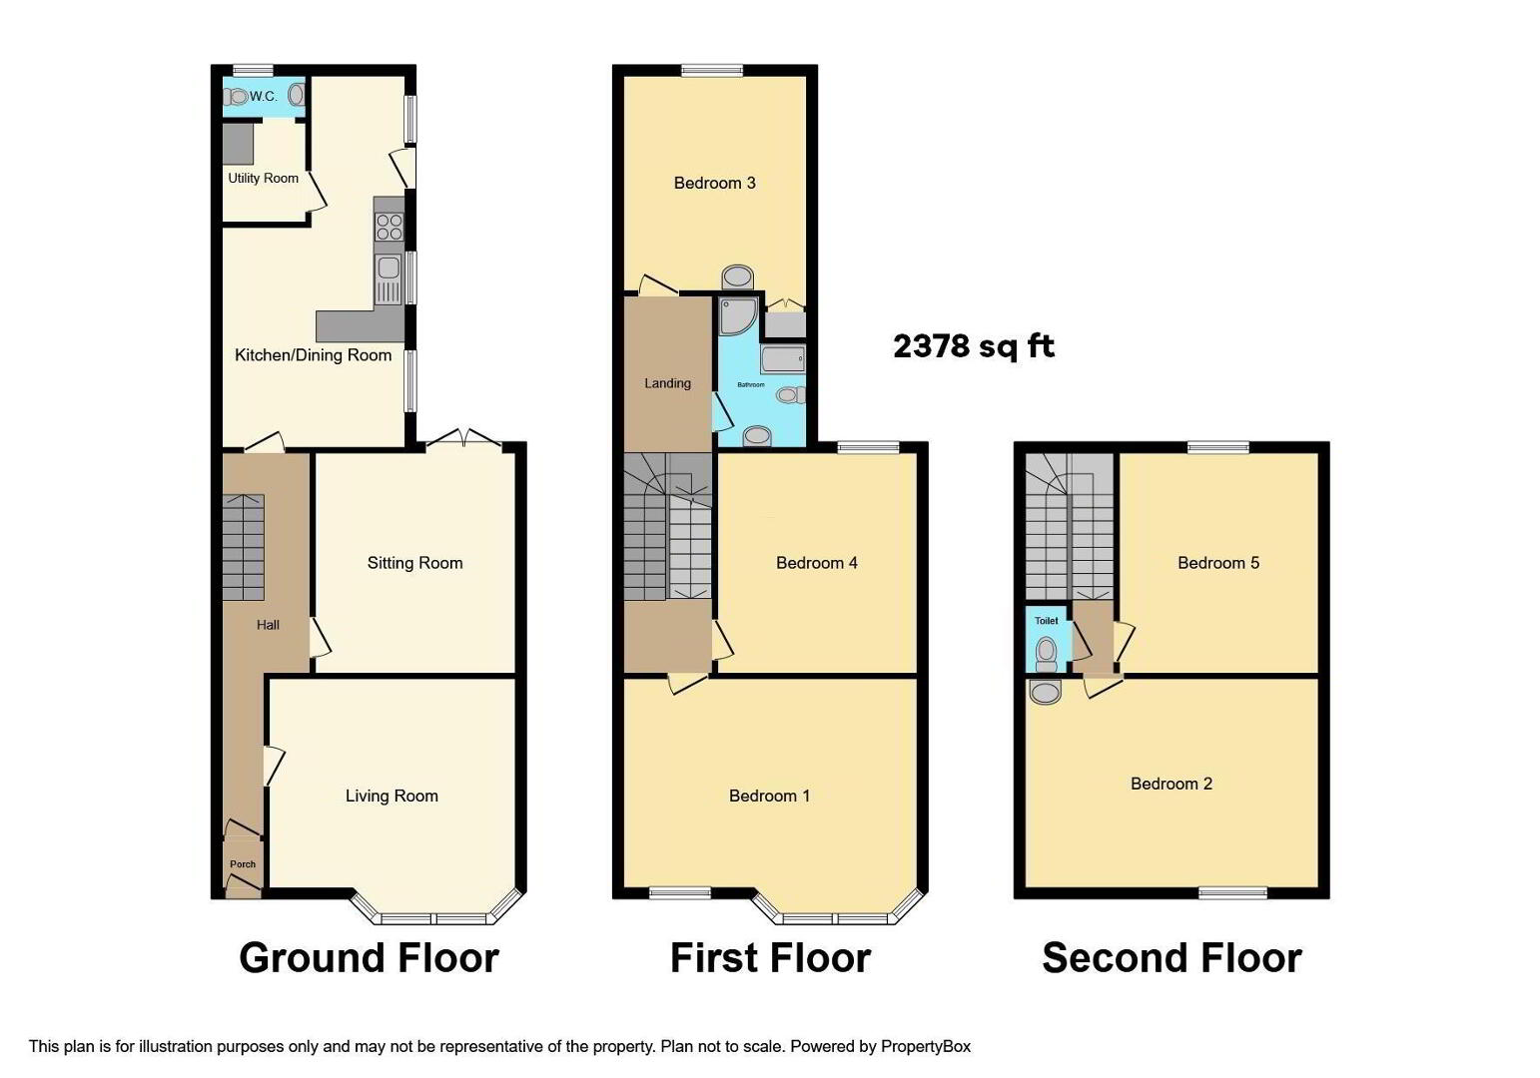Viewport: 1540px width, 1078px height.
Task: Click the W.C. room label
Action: tap(263, 96)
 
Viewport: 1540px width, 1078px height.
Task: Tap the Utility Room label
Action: tap(263, 178)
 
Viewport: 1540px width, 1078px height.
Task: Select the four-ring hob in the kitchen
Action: tap(389, 228)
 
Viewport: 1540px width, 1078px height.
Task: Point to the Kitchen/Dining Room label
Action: tap(313, 355)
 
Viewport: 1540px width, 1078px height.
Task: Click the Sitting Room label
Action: tap(414, 563)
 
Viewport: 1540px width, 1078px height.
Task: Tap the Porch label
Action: tap(243, 863)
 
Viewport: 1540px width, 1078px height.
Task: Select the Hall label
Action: tap(268, 625)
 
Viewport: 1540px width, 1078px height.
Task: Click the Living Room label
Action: tap(391, 796)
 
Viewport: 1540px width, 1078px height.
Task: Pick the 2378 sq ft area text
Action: tap(973, 345)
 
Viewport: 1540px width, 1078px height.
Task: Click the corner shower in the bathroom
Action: tap(738, 316)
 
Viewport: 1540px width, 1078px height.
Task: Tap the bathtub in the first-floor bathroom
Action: tap(782, 359)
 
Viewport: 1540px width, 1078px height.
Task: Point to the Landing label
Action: tap(667, 383)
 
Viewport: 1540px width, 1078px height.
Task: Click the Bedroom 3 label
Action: tap(714, 183)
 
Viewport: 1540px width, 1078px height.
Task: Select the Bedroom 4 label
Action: tap(816, 563)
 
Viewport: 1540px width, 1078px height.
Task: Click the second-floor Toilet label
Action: tap(1047, 621)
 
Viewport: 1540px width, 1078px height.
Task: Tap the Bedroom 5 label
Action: tap(1218, 563)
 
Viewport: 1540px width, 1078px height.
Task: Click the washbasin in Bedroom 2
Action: tap(1045, 693)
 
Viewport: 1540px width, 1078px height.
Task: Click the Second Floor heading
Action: tap(1171, 958)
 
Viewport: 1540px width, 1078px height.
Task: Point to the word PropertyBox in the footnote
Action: tap(926, 1046)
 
